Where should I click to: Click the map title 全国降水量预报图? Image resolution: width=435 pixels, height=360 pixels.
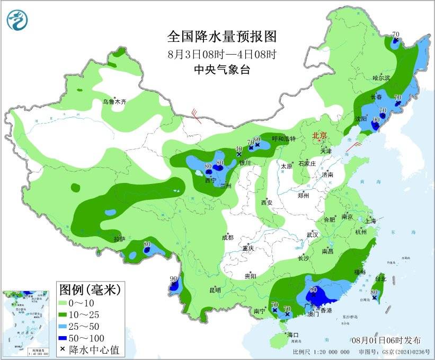(x=222, y=37)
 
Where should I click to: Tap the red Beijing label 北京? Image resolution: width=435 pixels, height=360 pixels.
(x=321, y=136)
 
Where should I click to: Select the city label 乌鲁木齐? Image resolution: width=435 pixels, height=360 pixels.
(x=114, y=102)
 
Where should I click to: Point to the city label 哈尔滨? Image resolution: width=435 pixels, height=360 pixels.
(x=380, y=78)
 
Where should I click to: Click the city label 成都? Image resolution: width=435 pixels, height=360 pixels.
(x=228, y=238)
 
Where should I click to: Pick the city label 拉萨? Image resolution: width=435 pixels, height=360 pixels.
(x=119, y=239)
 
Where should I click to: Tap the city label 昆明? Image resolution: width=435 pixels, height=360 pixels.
(x=215, y=290)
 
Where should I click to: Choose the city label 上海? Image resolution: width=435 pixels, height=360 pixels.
(x=370, y=221)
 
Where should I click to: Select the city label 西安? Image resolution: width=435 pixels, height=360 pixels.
(x=266, y=203)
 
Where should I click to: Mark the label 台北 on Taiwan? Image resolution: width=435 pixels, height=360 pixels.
(x=380, y=278)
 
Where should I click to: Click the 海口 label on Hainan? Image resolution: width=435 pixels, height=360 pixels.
(x=293, y=335)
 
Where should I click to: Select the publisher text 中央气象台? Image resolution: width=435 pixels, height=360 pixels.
(x=221, y=69)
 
